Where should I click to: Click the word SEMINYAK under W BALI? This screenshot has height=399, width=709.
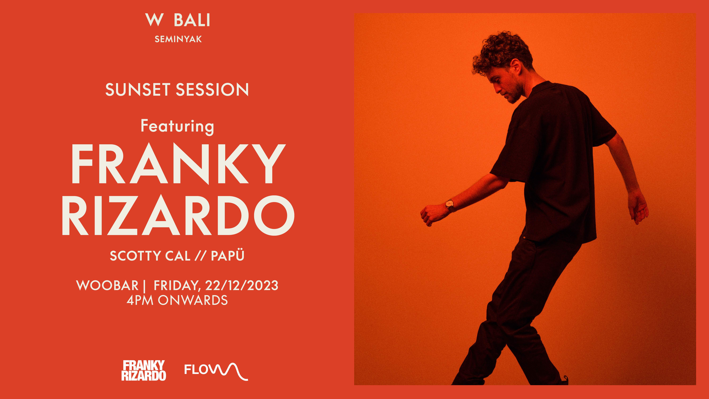(178, 39)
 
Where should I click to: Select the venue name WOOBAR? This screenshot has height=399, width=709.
(107, 286)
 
